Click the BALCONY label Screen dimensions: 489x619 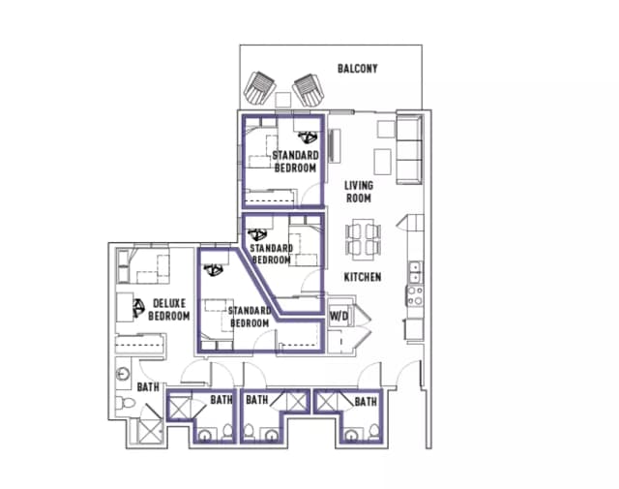click(357, 69)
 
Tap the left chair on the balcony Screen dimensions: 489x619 click(261, 90)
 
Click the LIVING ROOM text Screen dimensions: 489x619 click(359, 191)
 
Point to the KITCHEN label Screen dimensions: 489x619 click(363, 277)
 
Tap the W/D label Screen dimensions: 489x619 click(339, 316)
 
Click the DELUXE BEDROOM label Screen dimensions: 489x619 click(168, 309)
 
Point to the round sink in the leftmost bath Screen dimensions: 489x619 click(124, 374)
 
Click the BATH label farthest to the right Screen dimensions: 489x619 click(365, 400)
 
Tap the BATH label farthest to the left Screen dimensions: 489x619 click(147, 386)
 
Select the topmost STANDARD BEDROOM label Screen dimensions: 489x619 click(295, 162)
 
